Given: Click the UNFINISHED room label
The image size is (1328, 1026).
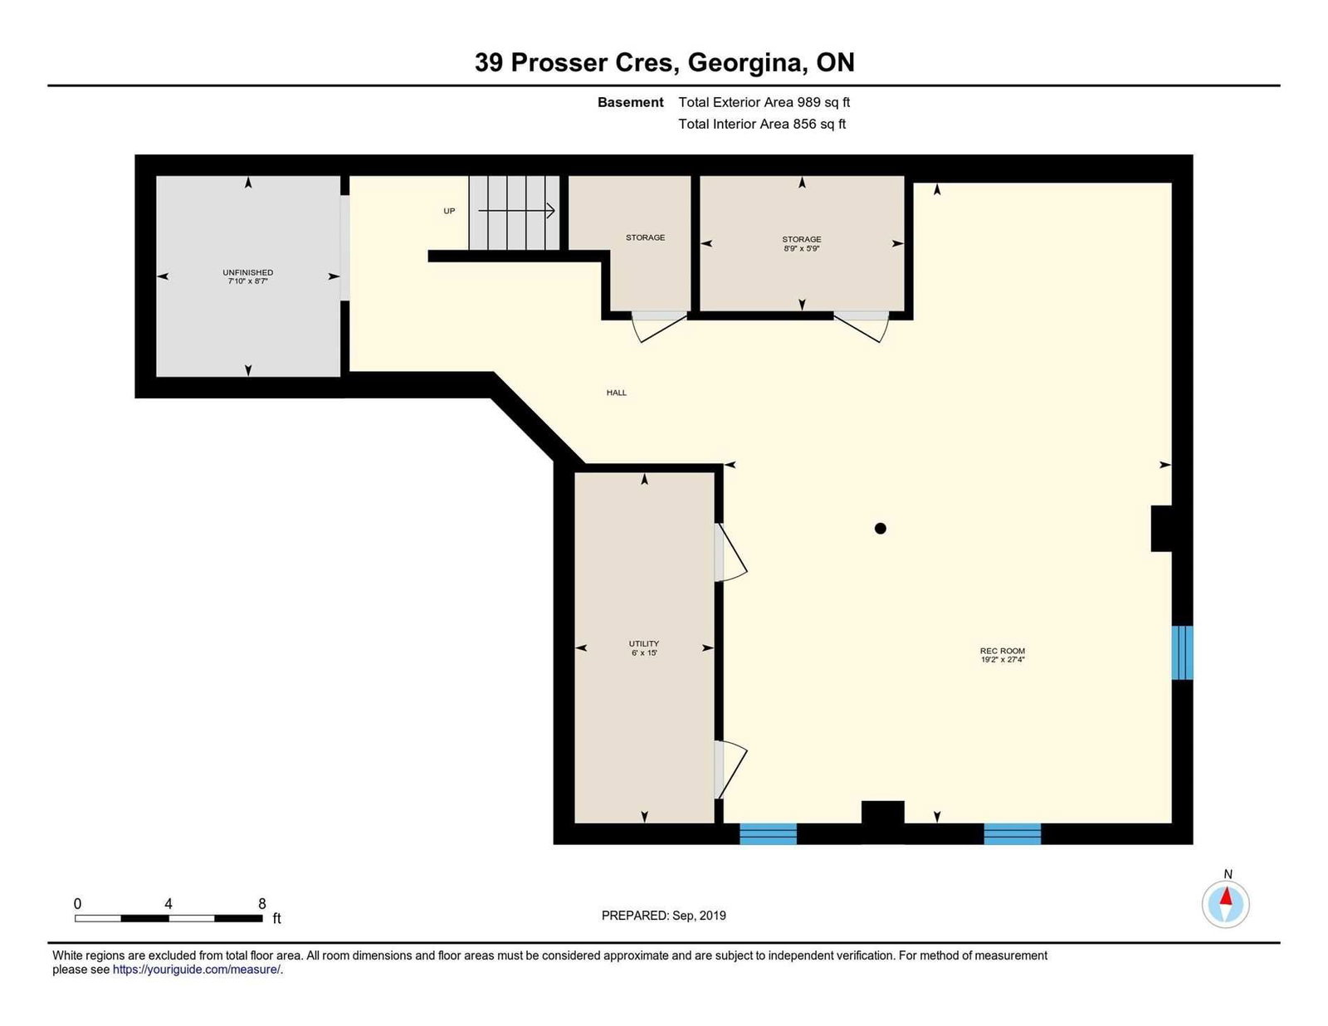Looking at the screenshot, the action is [x=247, y=272].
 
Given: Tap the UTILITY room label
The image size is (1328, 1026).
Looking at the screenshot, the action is [x=643, y=643].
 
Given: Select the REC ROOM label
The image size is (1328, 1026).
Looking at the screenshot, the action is [x=1003, y=651].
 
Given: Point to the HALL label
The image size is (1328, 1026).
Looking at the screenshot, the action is [x=616, y=393].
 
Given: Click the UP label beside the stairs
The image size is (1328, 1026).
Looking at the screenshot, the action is [x=449, y=211].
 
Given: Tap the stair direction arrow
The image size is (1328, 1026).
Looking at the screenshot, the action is [x=516, y=211].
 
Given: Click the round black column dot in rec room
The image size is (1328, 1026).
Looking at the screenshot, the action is [x=880, y=529].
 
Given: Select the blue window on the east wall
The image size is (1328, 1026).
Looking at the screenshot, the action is [x=1182, y=652].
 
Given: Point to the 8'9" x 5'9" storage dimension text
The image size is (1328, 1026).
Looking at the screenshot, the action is [x=801, y=249].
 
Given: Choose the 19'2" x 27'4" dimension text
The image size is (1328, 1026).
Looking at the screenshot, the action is [x=1003, y=659].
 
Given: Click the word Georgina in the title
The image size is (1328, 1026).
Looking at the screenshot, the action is [x=745, y=63].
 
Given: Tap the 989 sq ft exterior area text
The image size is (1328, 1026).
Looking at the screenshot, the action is [x=823, y=102].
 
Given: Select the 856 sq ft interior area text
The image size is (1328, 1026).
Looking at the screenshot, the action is [x=819, y=124].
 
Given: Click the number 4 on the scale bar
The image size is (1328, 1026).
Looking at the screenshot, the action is [x=168, y=903].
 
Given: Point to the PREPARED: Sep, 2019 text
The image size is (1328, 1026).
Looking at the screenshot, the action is [x=664, y=916].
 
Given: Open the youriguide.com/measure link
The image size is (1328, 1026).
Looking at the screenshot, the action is [x=197, y=970].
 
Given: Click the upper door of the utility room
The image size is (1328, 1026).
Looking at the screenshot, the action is [x=730, y=552].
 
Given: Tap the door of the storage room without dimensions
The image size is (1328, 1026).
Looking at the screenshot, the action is [x=659, y=326].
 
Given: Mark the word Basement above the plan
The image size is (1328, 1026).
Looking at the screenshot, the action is [x=630, y=102].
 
